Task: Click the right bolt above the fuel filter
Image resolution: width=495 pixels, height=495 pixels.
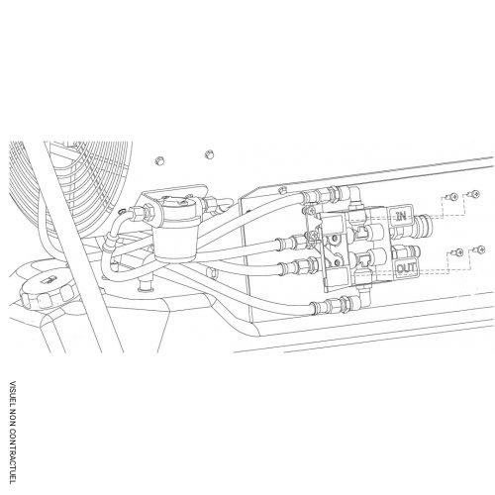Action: tap(208, 153)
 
